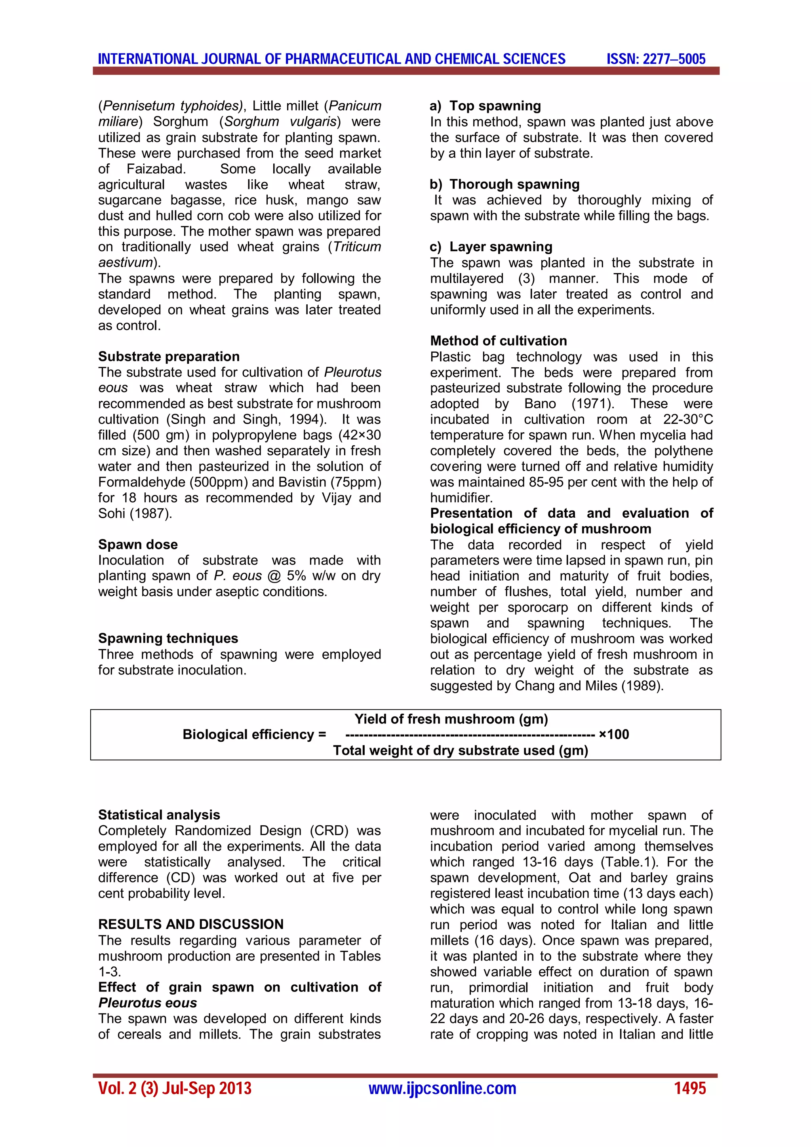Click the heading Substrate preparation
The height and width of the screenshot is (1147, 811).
(x=169, y=356)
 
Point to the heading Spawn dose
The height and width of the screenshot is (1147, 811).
(x=138, y=544)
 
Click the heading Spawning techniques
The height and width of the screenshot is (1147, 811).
(x=168, y=638)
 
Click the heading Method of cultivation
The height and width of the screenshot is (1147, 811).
(x=498, y=341)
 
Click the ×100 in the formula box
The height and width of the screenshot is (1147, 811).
(x=614, y=734)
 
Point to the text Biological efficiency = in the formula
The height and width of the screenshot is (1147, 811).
(x=254, y=734)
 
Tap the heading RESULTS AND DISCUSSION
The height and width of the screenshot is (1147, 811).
(x=191, y=924)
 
